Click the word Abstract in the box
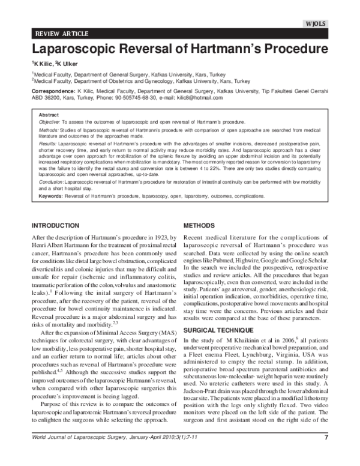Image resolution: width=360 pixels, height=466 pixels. coord(48,114)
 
